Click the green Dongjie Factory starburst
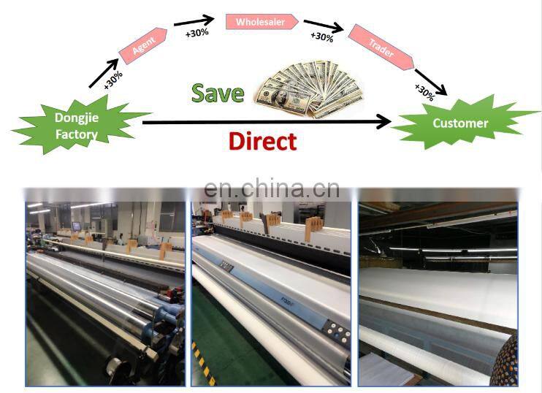[76, 125]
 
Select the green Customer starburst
[460, 123]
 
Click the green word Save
[217, 93]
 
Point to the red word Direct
[262, 140]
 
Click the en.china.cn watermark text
[272, 188]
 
